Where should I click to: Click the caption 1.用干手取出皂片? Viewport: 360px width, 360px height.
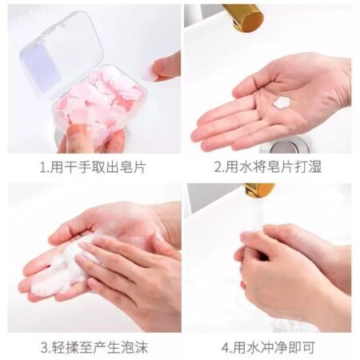point(94,167)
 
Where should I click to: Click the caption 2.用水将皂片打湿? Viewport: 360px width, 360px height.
point(268,167)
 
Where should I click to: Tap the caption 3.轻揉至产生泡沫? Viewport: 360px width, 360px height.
point(94,348)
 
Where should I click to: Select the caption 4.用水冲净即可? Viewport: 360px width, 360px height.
point(268,348)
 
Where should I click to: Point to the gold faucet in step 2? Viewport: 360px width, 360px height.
point(243,16)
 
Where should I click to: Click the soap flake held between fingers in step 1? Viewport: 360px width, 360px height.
point(149,72)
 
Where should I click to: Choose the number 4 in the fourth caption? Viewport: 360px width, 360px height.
point(222,348)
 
